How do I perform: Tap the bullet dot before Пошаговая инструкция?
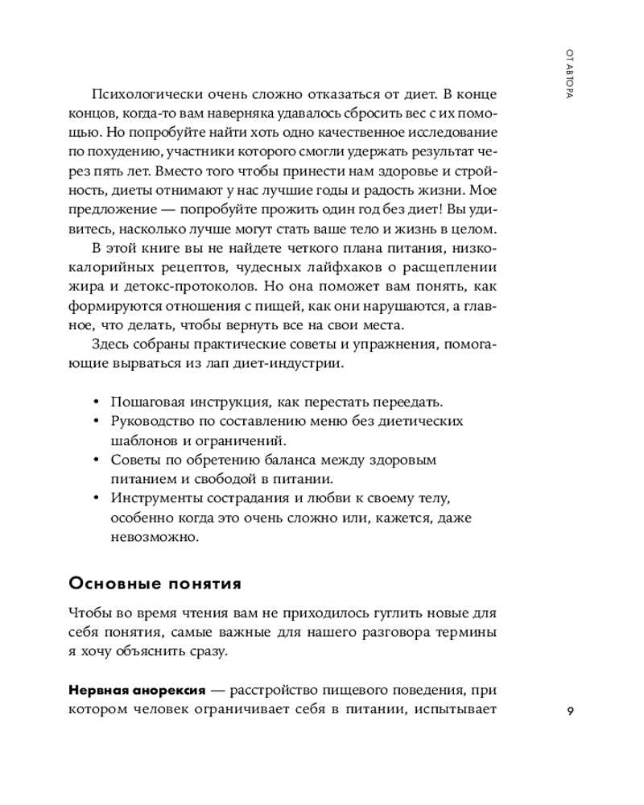point(97,401)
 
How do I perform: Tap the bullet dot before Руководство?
point(97,421)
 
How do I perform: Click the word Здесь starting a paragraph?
point(109,345)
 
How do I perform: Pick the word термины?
point(465,632)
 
